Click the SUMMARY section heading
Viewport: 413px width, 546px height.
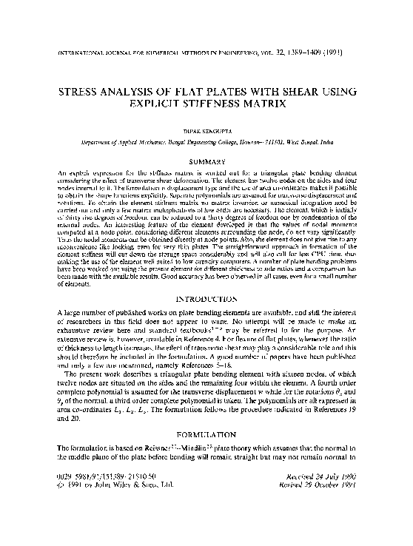click(206, 160)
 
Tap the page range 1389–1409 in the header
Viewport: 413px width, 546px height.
click(314, 53)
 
